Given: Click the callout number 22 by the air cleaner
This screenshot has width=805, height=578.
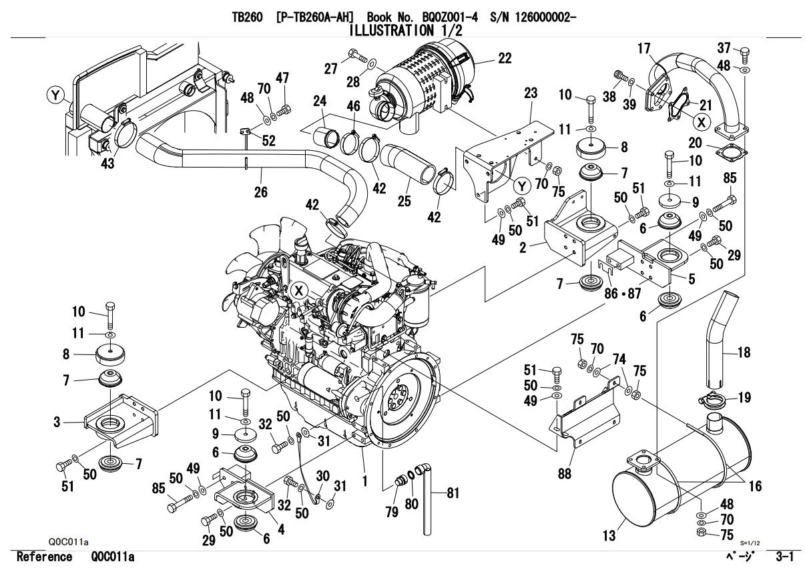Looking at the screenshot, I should pyautogui.click(x=505, y=58).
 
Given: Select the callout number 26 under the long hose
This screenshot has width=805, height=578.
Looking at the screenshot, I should pyautogui.click(x=260, y=192).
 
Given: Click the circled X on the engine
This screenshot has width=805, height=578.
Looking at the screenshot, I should pyautogui.click(x=298, y=290).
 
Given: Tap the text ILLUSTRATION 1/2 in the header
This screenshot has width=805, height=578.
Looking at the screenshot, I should pyautogui.click(x=402, y=29).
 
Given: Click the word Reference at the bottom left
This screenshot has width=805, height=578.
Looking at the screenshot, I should pyautogui.click(x=44, y=557).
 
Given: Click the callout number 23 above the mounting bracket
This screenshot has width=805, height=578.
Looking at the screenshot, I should pyautogui.click(x=531, y=94).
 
